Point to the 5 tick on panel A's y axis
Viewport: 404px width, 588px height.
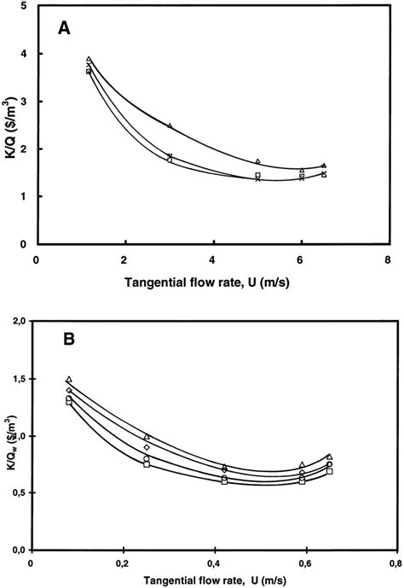point(22,7)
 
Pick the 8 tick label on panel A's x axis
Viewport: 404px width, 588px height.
point(390,259)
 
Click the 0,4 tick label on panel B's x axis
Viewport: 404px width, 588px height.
point(212,562)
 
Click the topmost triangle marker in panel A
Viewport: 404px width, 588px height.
point(89,60)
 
